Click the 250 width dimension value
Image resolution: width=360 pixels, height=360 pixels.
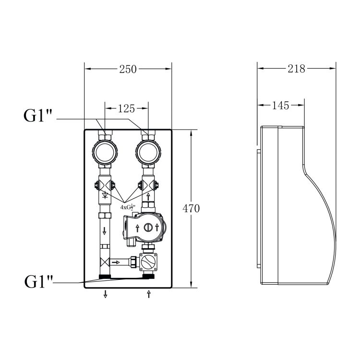click(128, 69)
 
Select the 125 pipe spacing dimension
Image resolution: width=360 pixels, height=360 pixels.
click(127, 108)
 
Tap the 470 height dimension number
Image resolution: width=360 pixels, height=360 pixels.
click(191, 208)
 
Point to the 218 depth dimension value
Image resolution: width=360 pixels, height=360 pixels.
click(297, 69)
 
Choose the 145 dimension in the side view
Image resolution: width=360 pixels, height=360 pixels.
click(281, 106)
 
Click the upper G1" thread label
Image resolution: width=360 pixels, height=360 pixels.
click(38, 116)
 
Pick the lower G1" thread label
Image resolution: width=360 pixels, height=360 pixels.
click(38, 281)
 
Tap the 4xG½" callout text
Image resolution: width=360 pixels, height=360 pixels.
click(128, 207)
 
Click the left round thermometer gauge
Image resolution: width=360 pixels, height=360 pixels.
click(105, 153)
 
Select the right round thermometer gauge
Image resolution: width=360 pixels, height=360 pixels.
click(148, 153)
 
